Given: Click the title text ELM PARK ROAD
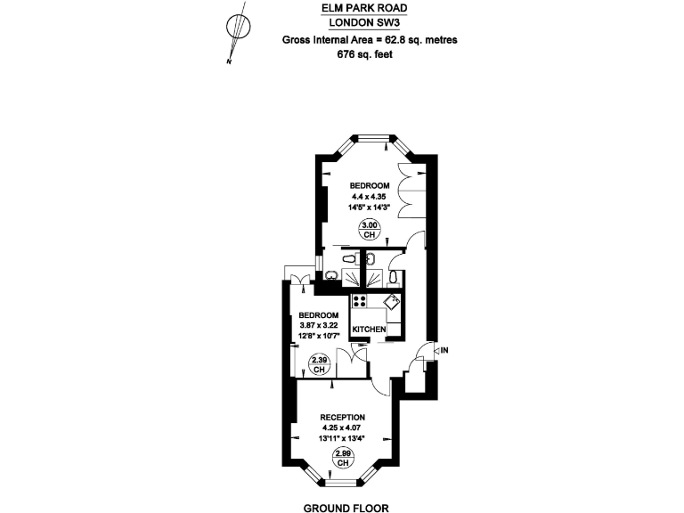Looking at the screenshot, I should tap(365, 9).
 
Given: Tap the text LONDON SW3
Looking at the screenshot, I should tap(365, 24).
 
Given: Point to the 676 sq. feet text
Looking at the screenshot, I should tap(365, 54).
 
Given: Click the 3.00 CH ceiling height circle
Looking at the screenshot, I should tap(370, 231).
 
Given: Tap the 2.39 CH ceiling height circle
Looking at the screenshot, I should tap(318, 364).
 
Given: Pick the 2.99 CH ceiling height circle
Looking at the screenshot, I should tap(342, 459).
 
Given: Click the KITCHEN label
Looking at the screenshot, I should tap(370, 330).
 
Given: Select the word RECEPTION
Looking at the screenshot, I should tap(342, 417).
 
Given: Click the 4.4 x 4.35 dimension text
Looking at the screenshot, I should tap(369, 196).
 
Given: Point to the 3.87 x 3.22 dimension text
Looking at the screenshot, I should tap(318, 326).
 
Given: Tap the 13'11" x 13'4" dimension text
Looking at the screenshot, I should tap(342, 439).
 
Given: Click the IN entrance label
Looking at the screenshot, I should tap(444, 350).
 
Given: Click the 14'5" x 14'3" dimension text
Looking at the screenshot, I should tap(369, 207).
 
